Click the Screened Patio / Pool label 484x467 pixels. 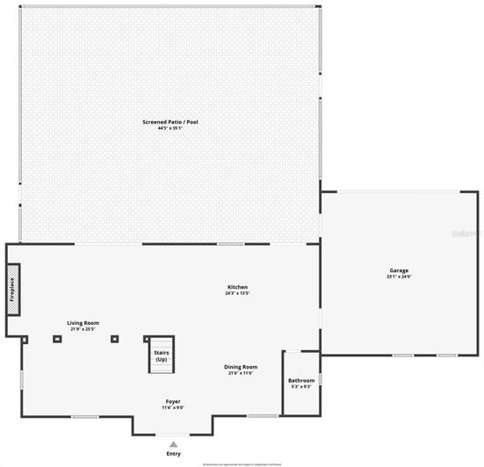coord(170,122)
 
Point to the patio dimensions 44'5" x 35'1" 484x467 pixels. coord(170,128)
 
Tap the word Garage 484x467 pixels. coord(399,270)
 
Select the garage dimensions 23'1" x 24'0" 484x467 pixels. coord(399,277)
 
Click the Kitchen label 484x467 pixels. coord(238,287)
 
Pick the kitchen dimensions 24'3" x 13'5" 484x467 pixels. coord(238,293)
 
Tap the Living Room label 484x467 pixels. coord(83,323)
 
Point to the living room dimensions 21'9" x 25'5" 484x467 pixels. coord(83,329)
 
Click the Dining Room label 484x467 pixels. coord(241,367)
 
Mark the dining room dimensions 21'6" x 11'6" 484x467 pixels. coord(241,373)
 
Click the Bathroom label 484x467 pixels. coord(301,380)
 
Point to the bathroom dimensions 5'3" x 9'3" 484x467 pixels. coord(301,386)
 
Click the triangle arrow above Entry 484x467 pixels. coord(173,444)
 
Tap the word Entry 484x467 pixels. coord(173,453)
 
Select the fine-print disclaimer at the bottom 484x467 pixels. coord(242,463)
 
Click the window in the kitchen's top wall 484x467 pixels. coord(230,243)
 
